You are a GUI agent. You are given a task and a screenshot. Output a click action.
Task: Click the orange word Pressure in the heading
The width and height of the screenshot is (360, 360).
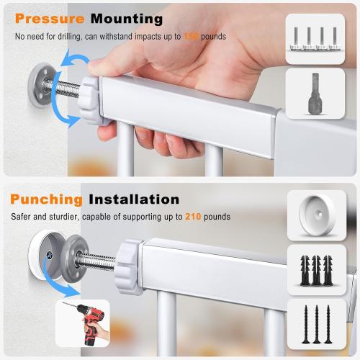click(x=47, y=19)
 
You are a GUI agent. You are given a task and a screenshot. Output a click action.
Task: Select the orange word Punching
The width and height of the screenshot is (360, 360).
click(x=47, y=199)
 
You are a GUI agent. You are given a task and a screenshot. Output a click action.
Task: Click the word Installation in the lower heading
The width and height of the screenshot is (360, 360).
click(x=133, y=199)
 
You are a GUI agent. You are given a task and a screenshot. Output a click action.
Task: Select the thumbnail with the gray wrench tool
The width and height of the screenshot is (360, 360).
click(x=315, y=93)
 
